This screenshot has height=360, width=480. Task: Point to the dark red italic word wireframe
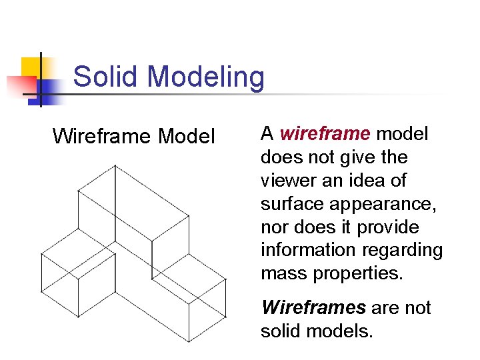click(x=325, y=134)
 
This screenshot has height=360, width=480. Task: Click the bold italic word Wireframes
click(x=314, y=308)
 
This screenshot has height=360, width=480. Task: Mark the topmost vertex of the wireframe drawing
click(x=115, y=165)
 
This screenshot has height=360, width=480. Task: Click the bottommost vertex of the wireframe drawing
click(x=189, y=341)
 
